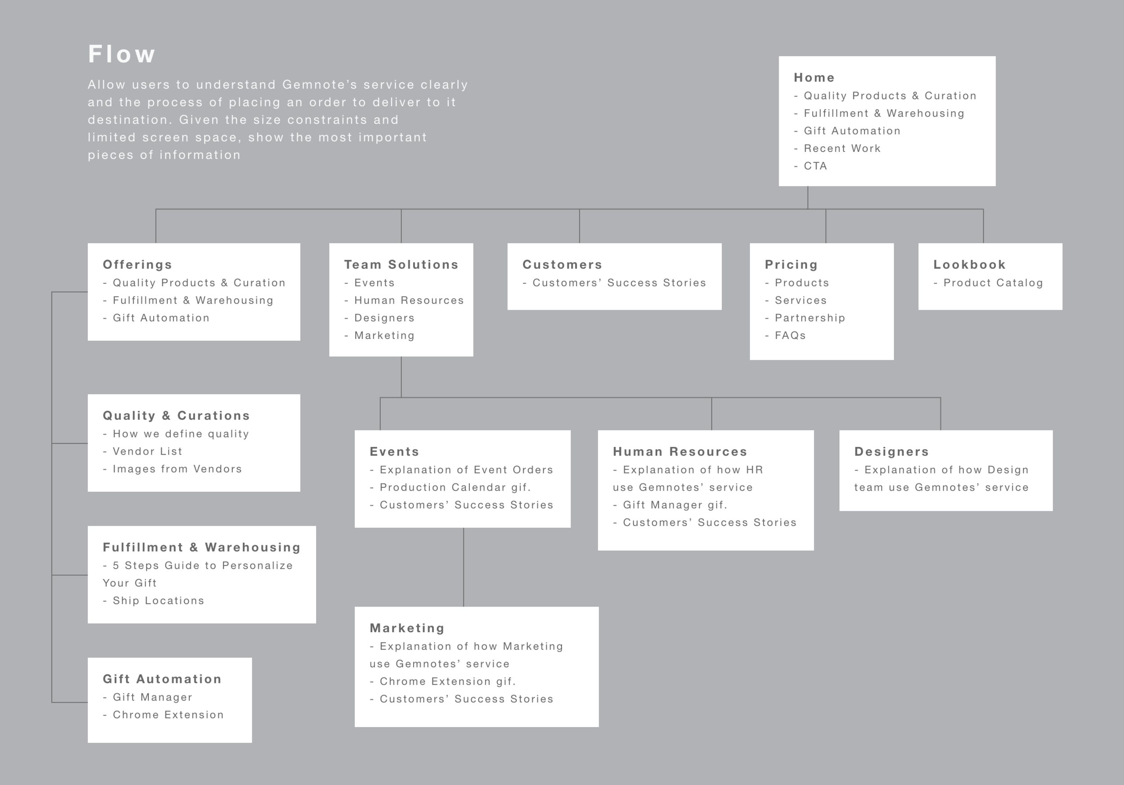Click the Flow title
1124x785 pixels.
point(122,54)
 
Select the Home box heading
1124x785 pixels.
point(814,77)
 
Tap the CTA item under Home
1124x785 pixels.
point(815,166)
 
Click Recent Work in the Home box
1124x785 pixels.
point(842,148)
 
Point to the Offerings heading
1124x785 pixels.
point(138,264)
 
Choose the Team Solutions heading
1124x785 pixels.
point(401,264)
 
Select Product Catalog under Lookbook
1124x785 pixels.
point(993,283)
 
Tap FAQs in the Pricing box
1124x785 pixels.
point(789,336)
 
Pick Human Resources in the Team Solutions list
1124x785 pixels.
point(408,300)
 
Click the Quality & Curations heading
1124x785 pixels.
point(176,415)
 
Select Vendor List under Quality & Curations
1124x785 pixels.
point(147,451)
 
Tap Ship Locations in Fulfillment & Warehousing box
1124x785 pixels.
point(158,601)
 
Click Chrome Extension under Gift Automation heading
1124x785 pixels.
point(168,714)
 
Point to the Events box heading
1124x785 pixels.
point(394,451)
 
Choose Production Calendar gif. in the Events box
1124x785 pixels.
point(455,487)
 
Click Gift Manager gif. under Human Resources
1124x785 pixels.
point(674,505)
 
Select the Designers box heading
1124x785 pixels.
point(891,451)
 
